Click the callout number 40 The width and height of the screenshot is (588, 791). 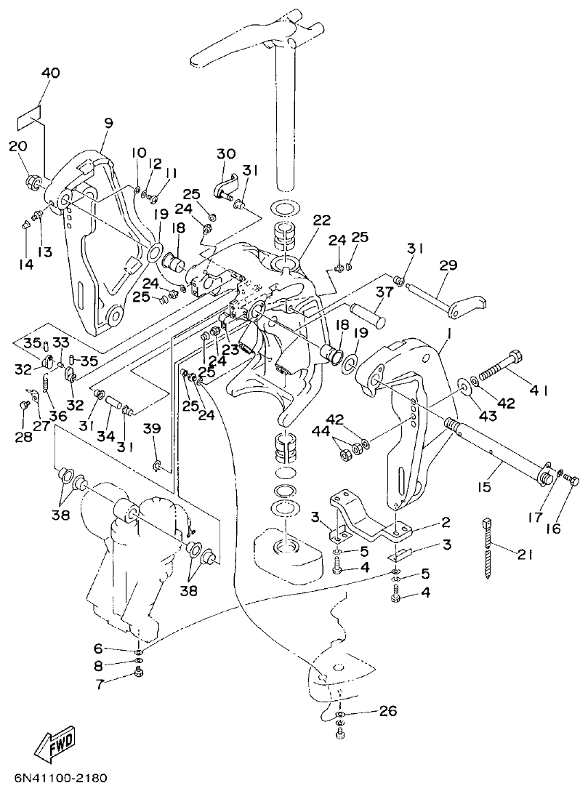click(x=50, y=73)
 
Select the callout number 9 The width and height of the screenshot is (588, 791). click(x=108, y=124)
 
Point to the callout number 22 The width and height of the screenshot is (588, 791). click(x=321, y=220)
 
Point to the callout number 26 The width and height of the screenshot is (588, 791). click(x=387, y=711)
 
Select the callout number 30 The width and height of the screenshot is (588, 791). click(x=226, y=153)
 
